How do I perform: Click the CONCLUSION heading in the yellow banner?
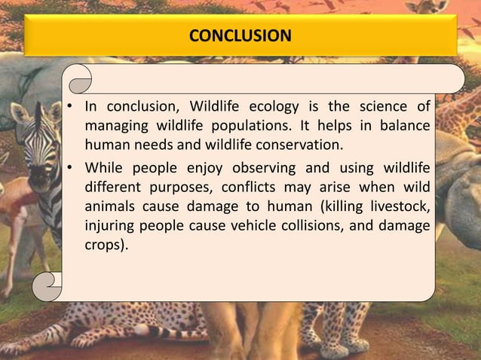[240, 35]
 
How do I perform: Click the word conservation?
[293, 145]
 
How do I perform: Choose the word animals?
[112, 206]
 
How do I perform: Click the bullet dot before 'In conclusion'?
[69, 106]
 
